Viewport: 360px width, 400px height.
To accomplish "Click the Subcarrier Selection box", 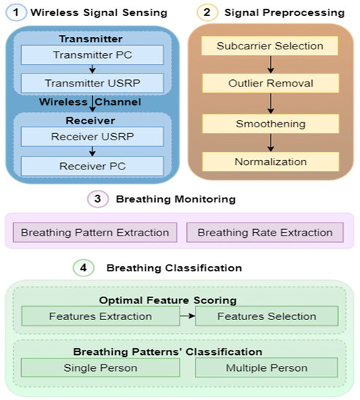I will coord(270,46).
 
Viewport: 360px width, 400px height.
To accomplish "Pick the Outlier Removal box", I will coord(270,84).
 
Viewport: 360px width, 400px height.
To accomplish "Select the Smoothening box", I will coord(270,123).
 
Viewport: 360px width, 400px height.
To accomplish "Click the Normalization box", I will coord(270,161).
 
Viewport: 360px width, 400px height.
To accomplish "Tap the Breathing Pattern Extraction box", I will coord(95,233).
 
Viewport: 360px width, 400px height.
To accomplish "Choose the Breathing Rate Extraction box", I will coord(265,233).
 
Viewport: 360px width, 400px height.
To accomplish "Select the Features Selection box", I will coord(267,316).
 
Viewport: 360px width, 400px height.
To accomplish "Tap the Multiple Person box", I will coord(267,368).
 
